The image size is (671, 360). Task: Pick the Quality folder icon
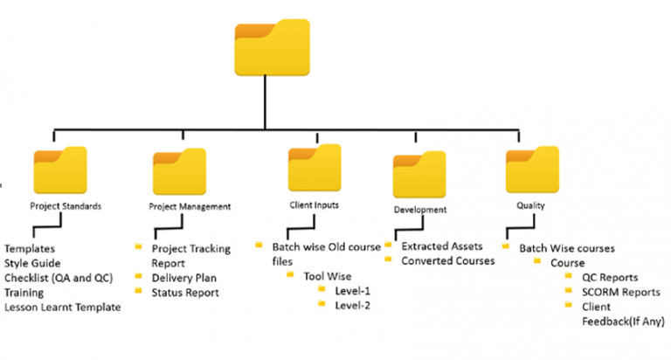(532, 170)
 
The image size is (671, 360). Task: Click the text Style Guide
(34, 263)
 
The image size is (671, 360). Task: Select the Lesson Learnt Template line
(61, 307)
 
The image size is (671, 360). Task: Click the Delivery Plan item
(184, 277)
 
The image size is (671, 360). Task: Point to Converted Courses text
(449, 261)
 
